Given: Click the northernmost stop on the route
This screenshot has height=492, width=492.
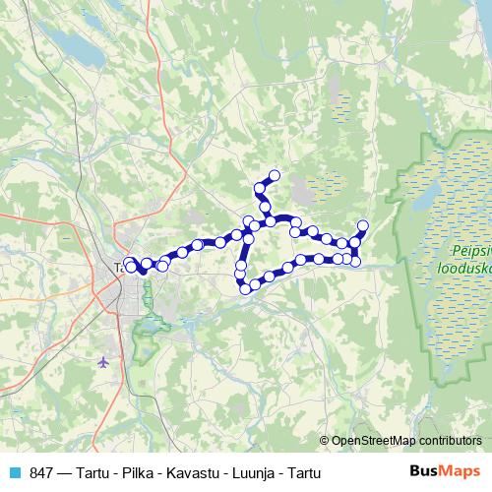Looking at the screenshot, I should [275, 176].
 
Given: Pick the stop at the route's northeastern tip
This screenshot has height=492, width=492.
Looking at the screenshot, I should [362, 225].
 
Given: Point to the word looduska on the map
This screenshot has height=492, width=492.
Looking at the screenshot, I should [462, 266].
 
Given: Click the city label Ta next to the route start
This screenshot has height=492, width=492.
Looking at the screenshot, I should [118, 267].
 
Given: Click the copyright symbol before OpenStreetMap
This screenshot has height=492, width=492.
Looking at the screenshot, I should [326, 440].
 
